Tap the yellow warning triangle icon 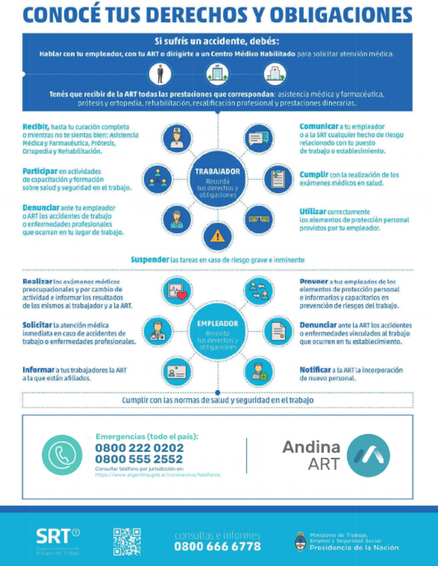click(217, 235)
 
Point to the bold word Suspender click(150, 259)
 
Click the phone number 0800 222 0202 click(139, 448)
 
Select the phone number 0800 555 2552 click(139, 459)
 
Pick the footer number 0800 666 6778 click(217, 547)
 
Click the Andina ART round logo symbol click(369, 455)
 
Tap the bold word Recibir click(35, 126)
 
